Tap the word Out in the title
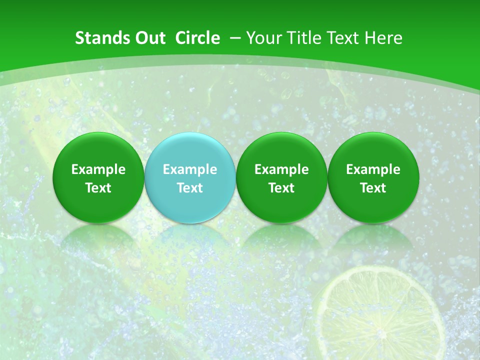150,38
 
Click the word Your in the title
264,38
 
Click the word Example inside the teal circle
190,169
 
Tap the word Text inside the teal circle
190,188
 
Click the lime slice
380,315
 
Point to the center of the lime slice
380,320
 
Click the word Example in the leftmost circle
98,169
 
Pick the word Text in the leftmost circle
98,188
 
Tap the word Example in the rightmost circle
373,169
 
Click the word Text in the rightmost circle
373,188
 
